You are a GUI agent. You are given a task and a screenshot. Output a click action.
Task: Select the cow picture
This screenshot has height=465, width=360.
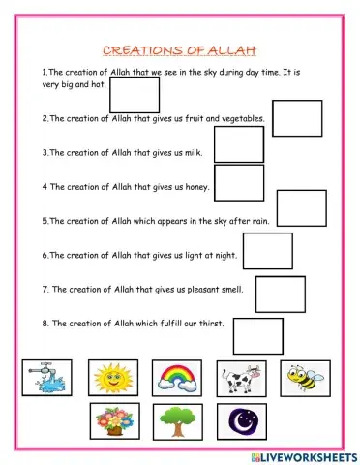[x=241, y=379]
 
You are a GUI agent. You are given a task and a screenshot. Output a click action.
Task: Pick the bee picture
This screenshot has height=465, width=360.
[x=305, y=378]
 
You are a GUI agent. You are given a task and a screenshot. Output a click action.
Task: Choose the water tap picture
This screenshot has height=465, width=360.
[x=45, y=378]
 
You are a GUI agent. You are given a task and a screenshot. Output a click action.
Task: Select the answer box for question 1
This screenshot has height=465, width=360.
[x=135, y=95]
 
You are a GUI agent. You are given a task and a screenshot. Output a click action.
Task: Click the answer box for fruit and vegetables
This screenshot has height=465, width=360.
[x=296, y=118]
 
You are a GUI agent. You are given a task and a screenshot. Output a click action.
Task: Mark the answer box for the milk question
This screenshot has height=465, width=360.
[x=238, y=144]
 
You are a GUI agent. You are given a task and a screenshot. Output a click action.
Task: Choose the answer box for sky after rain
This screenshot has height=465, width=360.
[x=302, y=208]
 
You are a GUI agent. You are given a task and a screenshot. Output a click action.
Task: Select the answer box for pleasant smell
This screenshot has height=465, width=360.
[x=280, y=294]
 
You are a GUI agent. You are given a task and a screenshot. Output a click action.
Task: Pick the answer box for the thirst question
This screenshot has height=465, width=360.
[x=257, y=335]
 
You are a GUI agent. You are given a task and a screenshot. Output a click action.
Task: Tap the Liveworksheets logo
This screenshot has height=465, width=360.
[x=299, y=453]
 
